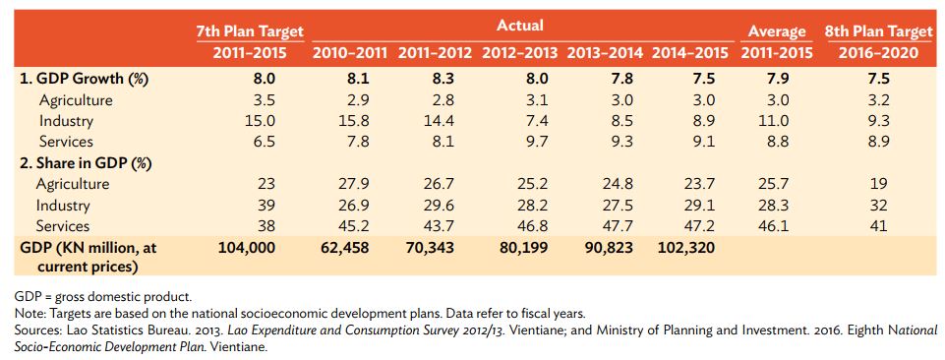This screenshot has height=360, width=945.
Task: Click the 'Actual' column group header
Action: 519,25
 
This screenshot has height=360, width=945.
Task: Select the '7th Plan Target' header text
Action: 250,32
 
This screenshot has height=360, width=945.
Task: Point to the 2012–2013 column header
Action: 519,53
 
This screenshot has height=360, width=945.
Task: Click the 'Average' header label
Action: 777,32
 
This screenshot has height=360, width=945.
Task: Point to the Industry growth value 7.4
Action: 519,121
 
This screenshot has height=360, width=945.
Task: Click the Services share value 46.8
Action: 519,226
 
